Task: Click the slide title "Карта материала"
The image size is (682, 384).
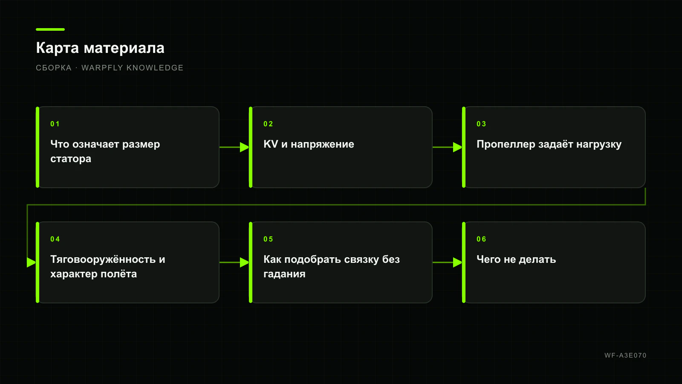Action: [x=100, y=48]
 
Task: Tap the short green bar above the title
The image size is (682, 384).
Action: [x=50, y=29]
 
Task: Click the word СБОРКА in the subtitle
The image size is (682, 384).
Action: [x=54, y=68]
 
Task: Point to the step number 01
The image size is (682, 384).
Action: [x=55, y=124]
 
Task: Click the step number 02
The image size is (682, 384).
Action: [x=268, y=124]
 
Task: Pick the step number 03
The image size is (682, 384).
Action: [x=481, y=124]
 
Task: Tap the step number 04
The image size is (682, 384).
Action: [x=55, y=239]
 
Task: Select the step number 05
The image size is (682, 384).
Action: [x=268, y=239]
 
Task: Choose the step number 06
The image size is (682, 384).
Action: [x=481, y=239]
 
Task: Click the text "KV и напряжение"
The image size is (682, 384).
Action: [x=309, y=144]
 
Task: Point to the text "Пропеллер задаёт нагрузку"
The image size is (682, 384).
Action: [x=549, y=145]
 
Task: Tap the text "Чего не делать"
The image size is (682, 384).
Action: [x=516, y=259]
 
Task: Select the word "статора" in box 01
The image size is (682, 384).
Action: [x=71, y=159]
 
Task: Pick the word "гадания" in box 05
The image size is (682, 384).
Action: [x=284, y=274]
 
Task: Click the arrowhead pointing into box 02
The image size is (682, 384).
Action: [x=245, y=147]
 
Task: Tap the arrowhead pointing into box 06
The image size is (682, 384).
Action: [x=458, y=262]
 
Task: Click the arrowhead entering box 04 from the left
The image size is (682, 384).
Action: [x=32, y=262]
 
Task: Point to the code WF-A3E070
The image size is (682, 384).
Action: [x=625, y=355]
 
